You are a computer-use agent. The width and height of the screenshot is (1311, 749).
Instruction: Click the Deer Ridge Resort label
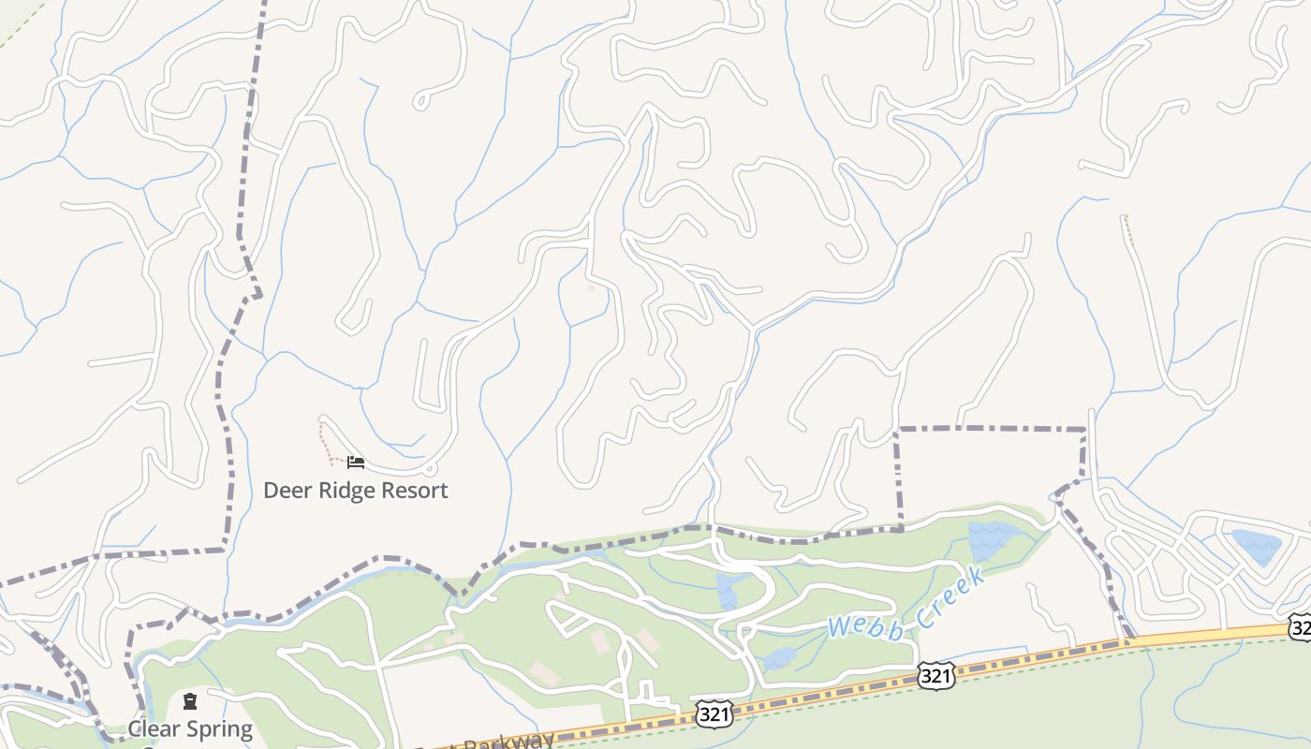click(x=355, y=490)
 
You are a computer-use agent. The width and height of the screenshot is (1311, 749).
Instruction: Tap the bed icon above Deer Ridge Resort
click(x=355, y=463)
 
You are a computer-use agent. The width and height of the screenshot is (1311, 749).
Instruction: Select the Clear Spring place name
click(x=190, y=728)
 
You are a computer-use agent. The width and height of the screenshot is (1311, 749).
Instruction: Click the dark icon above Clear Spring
click(x=190, y=701)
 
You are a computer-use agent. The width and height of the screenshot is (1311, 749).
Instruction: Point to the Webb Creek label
click(x=906, y=605)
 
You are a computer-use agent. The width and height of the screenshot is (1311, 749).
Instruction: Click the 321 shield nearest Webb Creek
click(x=935, y=676)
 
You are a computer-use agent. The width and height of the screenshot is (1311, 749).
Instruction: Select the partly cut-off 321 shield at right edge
click(x=1301, y=626)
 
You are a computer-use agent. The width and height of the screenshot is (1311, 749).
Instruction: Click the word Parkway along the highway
click(x=511, y=740)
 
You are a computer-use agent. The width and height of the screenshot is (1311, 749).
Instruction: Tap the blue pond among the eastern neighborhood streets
click(x=1255, y=546)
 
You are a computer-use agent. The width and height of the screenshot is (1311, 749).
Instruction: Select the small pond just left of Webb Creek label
click(x=779, y=659)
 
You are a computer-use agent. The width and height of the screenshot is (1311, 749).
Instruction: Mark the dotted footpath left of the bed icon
click(x=324, y=443)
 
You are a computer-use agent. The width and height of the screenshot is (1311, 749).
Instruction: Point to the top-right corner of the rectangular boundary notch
click(x=1084, y=430)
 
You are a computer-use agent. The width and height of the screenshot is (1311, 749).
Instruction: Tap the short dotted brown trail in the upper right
click(x=1128, y=229)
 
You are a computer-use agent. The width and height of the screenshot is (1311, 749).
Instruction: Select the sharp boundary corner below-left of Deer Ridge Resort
click(x=225, y=550)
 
